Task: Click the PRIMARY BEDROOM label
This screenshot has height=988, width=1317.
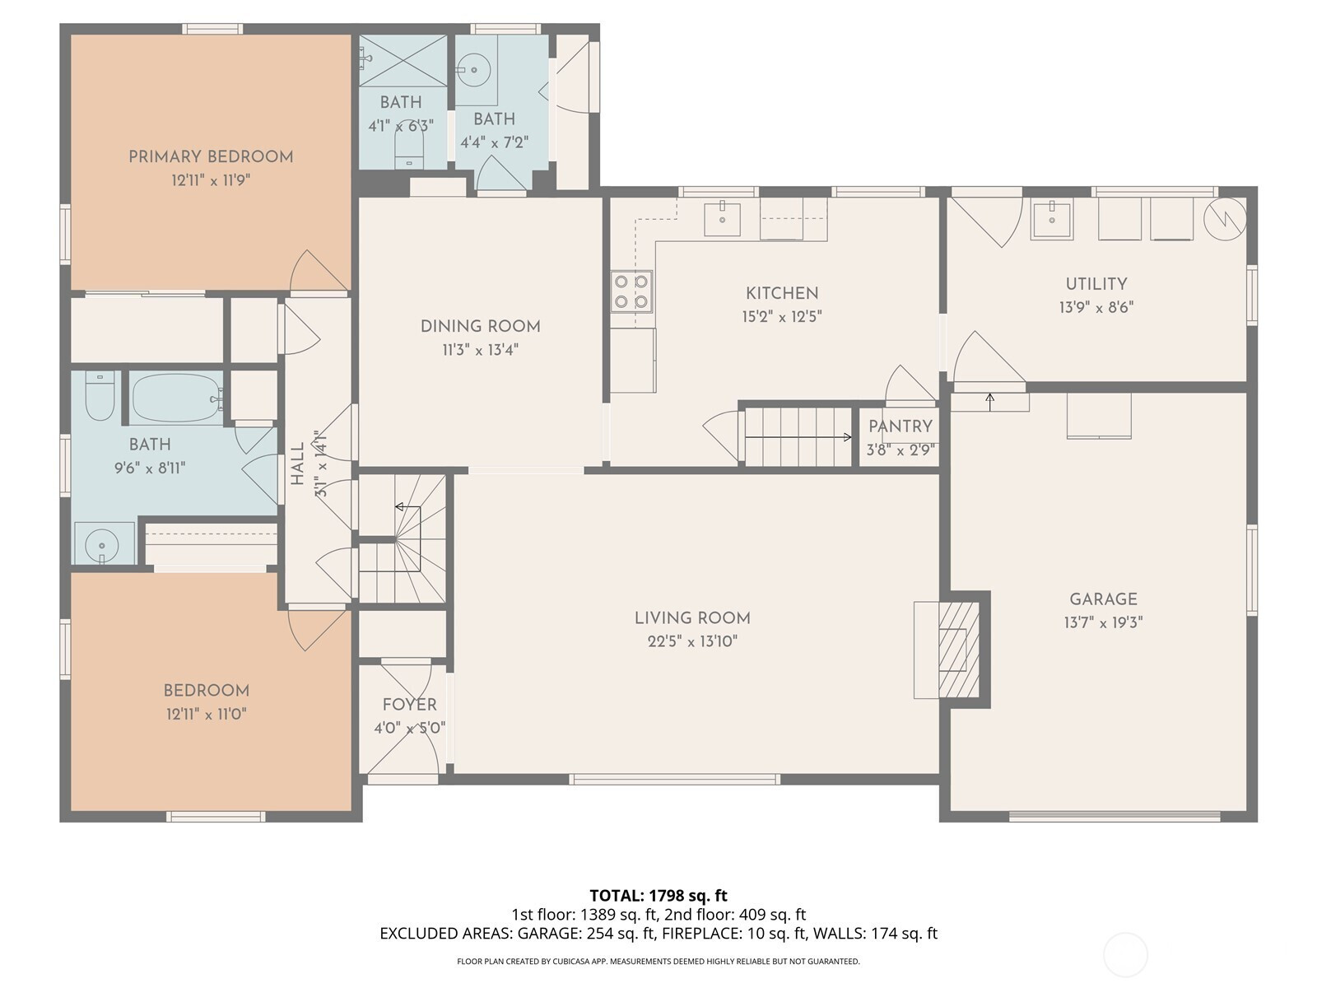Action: [211, 157]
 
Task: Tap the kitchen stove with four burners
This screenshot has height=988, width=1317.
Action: [632, 291]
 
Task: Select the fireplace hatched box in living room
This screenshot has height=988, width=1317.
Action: [958, 650]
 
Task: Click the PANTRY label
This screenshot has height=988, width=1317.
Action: [900, 426]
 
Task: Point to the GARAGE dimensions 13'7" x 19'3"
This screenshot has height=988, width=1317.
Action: [1103, 622]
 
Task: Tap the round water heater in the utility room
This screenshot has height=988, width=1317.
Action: [1225, 219]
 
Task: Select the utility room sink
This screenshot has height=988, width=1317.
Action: [1052, 220]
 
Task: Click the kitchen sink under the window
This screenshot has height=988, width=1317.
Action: [722, 219]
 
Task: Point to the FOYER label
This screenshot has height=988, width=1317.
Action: [410, 705]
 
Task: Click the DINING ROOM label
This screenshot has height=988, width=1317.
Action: [480, 326]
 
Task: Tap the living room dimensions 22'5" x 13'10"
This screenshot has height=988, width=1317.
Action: [691, 642]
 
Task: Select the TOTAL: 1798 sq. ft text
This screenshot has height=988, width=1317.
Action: [658, 896]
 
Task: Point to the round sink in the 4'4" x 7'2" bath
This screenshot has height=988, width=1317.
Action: [474, 70]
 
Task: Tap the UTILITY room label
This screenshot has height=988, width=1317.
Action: [1096, 284]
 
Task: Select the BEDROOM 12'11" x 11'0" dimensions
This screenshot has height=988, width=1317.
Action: [207, 715]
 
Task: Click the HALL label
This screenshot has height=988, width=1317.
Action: [298, 464]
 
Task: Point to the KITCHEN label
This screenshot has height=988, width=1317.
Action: [782, 293]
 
